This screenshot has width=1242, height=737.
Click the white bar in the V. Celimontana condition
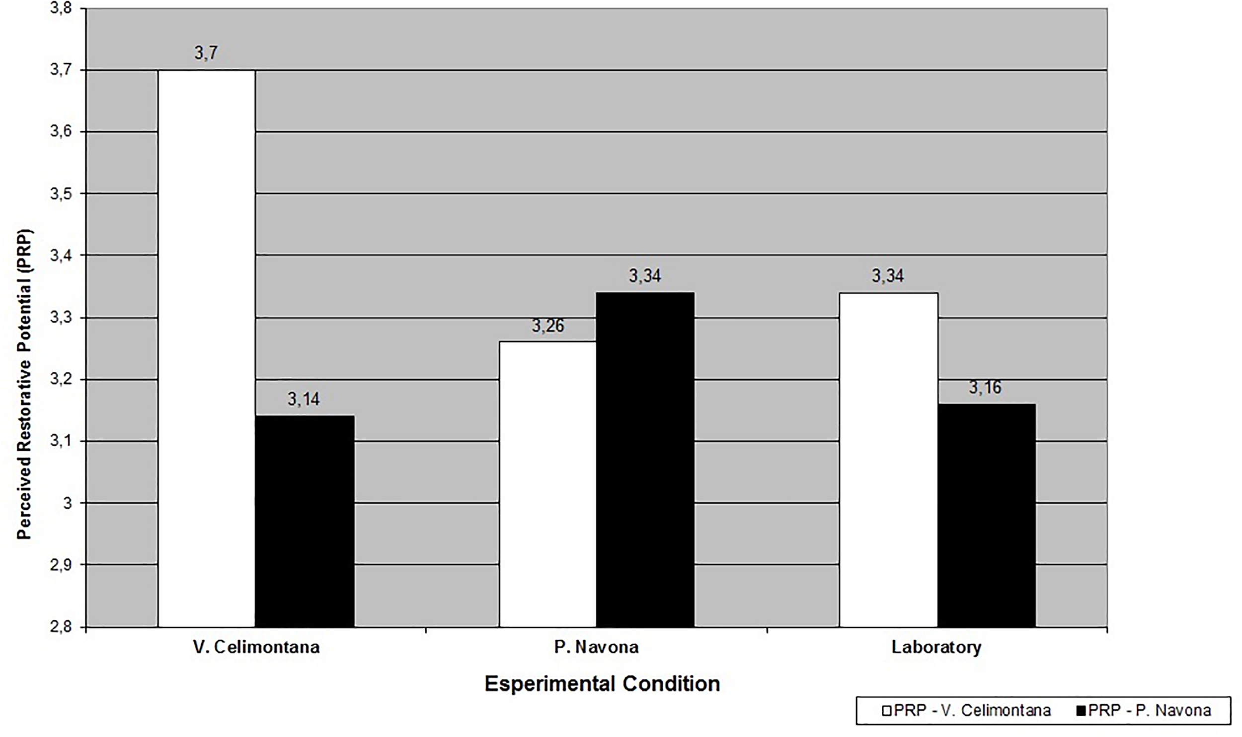[x=207, y=347]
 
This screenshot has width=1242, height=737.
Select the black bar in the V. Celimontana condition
[x=304, y=522]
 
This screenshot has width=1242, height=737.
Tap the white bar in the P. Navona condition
[x=547, y=484]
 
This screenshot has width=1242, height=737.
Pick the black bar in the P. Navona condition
[x=645, y=460]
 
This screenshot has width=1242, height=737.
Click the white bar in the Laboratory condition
[x=889, y=460]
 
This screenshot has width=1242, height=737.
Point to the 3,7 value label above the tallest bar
[x=206, y=53]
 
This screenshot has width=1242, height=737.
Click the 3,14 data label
[x=304, y=399]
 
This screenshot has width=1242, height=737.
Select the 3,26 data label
[x=547, y=326]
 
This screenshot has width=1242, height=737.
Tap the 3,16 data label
[x=985, y=388]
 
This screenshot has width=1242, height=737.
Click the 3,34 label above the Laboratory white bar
[x=888, y=276]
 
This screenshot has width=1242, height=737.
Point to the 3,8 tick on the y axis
[x=61, y=8]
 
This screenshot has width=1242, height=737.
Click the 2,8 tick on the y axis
[x=61, y=627]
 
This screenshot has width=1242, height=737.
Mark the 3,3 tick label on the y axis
[x=61, y=318]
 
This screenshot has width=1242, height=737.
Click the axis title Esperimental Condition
[x=602, y=684]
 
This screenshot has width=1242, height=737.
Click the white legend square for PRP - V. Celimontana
[x=886, y=711]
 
